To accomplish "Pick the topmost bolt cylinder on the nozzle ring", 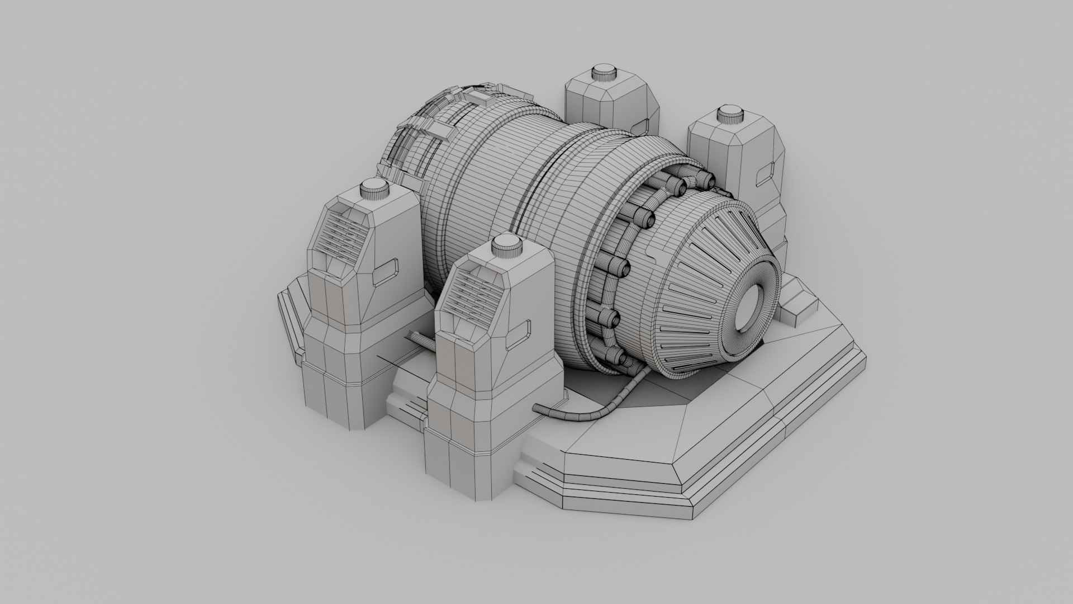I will (706, 180).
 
